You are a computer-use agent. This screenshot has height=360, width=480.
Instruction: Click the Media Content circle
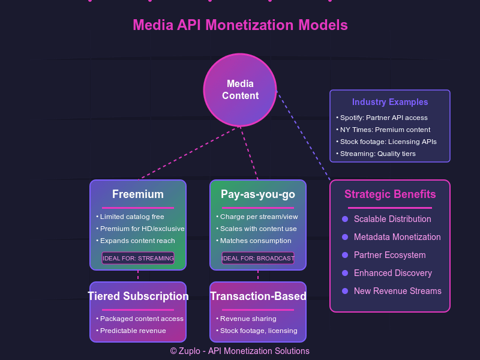(240, 90)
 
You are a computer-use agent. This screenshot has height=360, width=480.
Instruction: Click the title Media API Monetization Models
(240, 25)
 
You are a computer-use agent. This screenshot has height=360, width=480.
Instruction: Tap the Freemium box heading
(138, 194)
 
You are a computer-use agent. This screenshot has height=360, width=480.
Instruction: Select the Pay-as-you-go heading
(258, 194)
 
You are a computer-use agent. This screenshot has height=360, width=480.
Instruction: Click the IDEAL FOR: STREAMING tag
(138, 259)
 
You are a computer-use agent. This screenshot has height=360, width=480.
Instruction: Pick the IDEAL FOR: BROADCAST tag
(258, 259)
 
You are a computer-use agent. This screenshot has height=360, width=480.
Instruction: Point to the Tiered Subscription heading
(138, 296)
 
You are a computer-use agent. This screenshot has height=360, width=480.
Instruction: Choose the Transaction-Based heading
(258, 296)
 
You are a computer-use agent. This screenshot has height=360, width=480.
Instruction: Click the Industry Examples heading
(390, 102)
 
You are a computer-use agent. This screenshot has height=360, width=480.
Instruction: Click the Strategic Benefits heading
(390, 194)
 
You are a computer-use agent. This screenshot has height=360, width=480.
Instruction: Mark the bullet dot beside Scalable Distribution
(345, 219)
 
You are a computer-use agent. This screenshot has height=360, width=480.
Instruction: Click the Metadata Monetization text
(397, 237)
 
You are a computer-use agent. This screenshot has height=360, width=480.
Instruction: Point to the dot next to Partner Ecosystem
(345, 255)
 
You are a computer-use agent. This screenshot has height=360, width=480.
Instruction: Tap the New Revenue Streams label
(398, 291)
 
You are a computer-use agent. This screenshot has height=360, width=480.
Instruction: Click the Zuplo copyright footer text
(240, 351)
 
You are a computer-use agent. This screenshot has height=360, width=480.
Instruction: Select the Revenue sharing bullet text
(248, 319)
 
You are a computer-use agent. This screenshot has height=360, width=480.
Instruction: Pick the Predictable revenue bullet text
(133, 331)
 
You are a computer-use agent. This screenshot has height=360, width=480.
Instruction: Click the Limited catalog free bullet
(132, 217)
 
